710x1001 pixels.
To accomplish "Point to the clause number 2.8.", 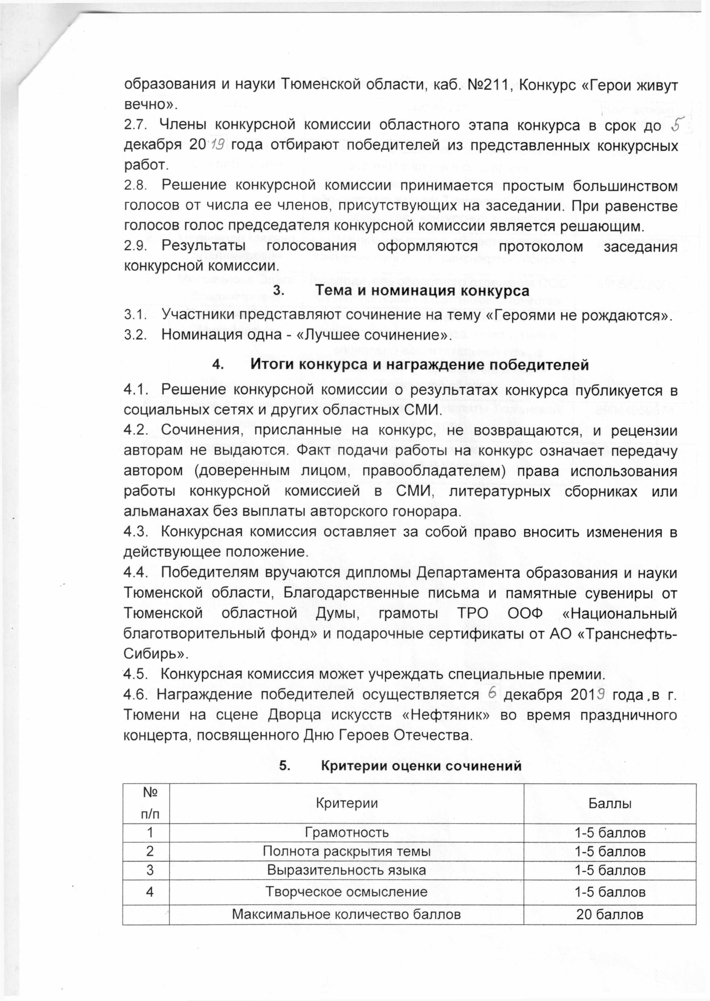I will (x=133, y=186).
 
